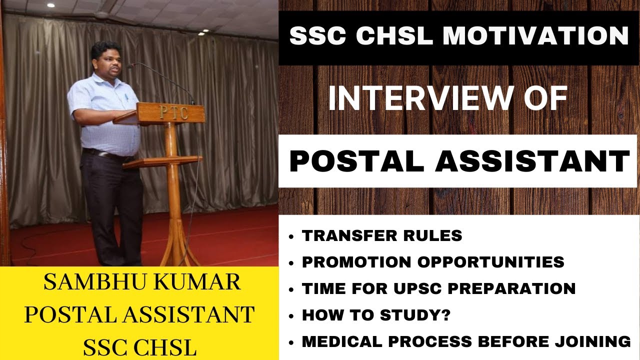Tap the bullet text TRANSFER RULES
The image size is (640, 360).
tap(382, 236)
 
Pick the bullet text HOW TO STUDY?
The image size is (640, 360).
tap(376, 315)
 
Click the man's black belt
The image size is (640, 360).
tap(102, 154)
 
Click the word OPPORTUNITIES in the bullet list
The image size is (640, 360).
tap(493, 262)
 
